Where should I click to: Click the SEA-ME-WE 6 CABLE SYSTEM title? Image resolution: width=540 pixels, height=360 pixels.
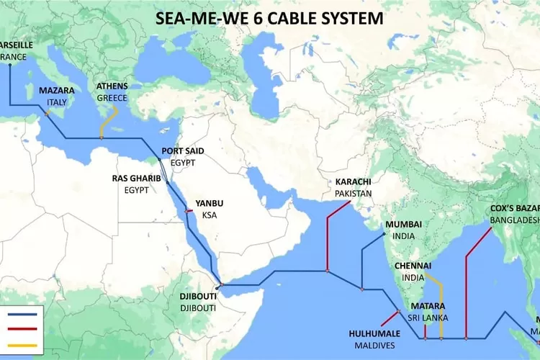click(270, 18)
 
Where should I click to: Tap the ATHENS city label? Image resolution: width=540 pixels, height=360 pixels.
click(112, 86)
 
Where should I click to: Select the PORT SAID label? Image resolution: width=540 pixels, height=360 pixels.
click(182, 151)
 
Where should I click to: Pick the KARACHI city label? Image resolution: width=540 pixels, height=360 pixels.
click(353, 182)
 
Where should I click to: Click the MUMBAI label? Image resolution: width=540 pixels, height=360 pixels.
click(403, 225)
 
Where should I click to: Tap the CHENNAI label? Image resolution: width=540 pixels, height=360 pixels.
click(413, 265)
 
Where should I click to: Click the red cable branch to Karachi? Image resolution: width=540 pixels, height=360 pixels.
click(328, 238)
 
